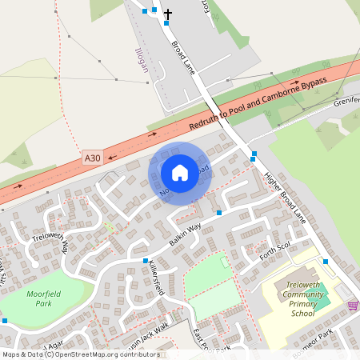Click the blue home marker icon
180,173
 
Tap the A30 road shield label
93,159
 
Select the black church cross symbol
168,14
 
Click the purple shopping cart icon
353,306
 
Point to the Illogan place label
143,59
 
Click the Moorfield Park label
43,298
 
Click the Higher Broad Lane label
285,200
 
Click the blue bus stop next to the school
325,261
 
